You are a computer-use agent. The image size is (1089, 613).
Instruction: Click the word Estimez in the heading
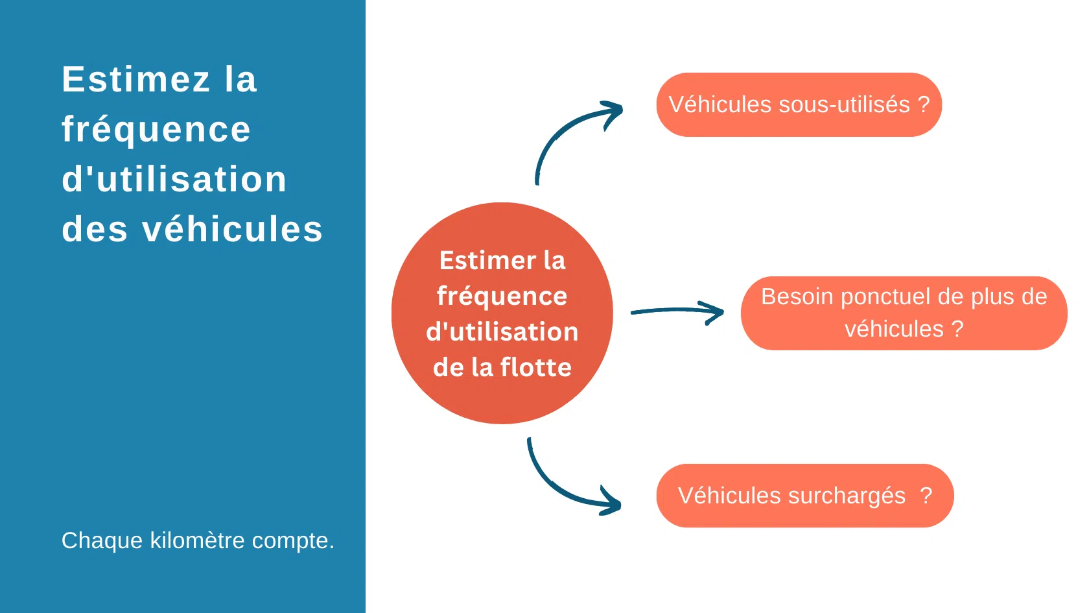tap(136, 80)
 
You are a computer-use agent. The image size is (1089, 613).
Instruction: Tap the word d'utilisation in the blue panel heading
tap(174, 180)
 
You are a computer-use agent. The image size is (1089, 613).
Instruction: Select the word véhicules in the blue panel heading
tap(232, 230)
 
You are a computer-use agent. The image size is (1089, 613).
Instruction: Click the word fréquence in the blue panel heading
tap(156, 130)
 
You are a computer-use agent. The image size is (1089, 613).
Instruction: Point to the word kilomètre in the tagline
tap(198, 540)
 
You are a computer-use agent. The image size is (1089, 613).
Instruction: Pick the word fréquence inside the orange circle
tap(502, 296)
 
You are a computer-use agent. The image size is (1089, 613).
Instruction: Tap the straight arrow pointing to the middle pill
tap(677, 312)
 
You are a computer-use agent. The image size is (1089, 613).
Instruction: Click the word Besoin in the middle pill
tap(797, 296)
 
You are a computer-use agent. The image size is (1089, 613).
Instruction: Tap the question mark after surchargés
tap(926, 496)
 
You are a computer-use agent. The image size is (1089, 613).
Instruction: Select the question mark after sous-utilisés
tap(924, 104)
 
